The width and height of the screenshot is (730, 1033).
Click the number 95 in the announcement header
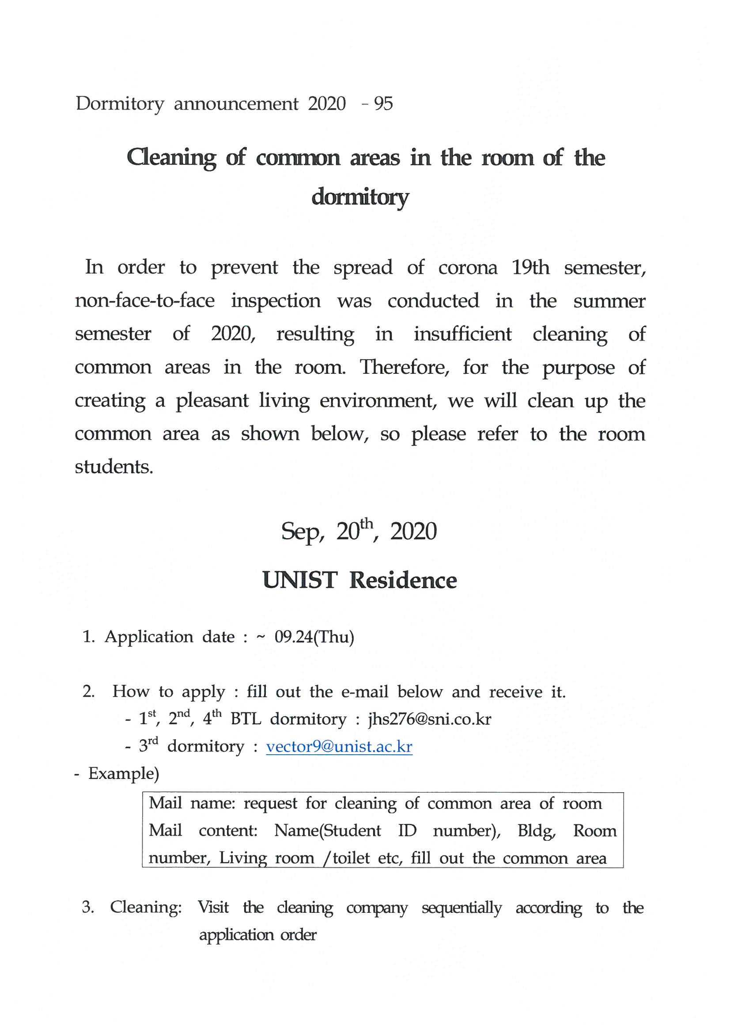tap(383, 104)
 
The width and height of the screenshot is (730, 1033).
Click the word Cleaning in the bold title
tap(171, 158)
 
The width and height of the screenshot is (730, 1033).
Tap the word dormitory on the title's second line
tap(360, 197)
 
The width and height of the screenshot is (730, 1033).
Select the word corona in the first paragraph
tap(468, 268)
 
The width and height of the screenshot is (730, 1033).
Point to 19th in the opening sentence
tap(531, 268)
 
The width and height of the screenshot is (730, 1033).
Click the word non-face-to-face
tap(145, 300)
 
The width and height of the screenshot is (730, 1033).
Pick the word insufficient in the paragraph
tap(462, 334)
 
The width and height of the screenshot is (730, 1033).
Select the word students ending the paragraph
tap(114, 467)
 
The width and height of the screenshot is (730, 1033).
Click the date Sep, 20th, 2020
tap(359, 532)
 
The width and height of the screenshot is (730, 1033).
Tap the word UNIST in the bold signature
tap(299, 580)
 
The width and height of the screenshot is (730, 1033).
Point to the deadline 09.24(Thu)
tap(314, 637)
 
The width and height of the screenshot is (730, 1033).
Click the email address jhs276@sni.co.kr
tap(430, 719)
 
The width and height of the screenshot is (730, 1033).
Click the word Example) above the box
tap(124, 773)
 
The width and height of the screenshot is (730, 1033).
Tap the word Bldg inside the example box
tap(537, 831)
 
